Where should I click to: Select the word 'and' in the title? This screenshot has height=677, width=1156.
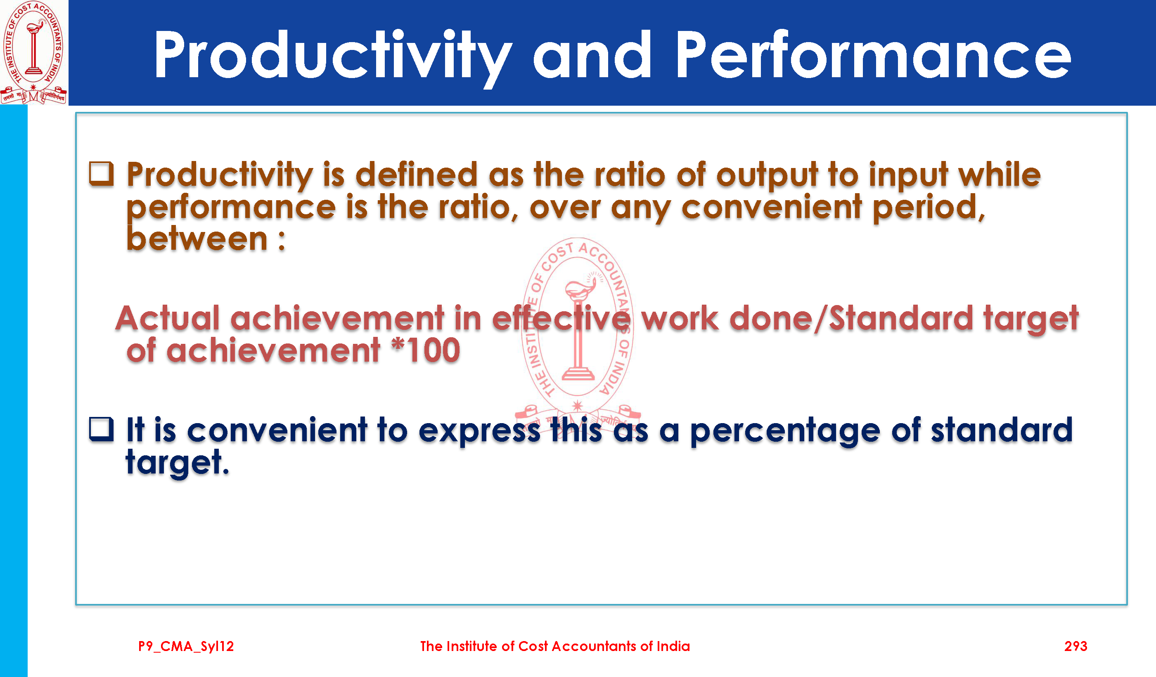592,55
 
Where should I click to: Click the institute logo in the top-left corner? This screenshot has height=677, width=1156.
34,52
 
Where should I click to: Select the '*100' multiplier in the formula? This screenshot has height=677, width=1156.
426,350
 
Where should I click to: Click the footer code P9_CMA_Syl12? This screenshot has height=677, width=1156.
186,646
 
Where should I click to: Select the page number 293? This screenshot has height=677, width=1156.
1076,646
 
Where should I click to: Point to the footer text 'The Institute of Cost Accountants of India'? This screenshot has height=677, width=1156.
555,646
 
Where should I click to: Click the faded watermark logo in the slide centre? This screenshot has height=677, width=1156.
578,335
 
